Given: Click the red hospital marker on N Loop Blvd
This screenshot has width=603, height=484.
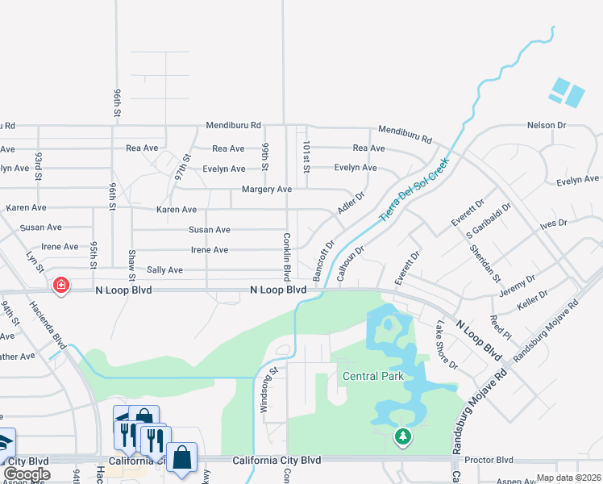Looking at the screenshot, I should point(60,285).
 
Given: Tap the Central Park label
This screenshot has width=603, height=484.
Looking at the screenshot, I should point(372,376).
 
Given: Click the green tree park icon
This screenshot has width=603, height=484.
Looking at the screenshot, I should point(402,437).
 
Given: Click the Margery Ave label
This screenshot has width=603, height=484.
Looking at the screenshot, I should point(266,190).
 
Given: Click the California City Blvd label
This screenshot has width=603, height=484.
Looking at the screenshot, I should point(277,460).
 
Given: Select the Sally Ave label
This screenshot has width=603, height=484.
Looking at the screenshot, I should point(164,270).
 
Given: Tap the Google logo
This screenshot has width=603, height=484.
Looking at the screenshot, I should point(27,474).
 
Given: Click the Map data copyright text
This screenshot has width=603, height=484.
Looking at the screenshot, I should point(568,478).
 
